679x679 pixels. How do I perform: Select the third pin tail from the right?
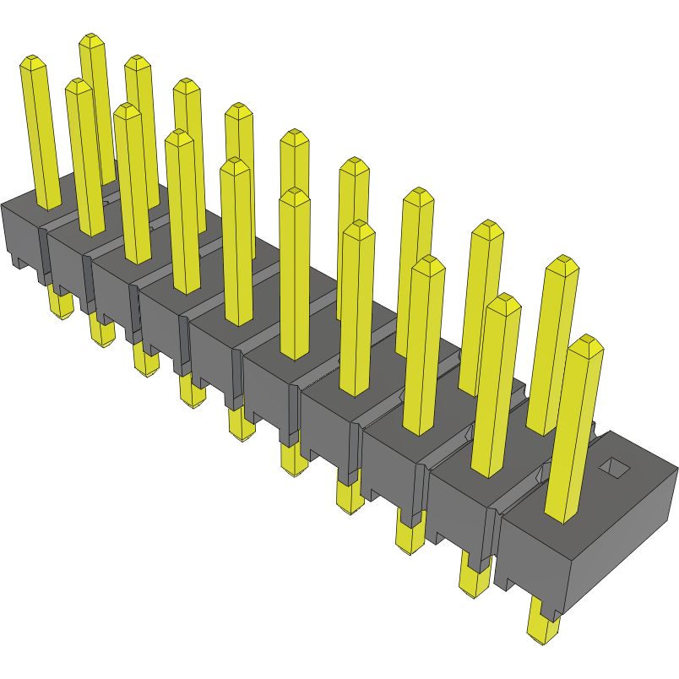click(x=409, y=535)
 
